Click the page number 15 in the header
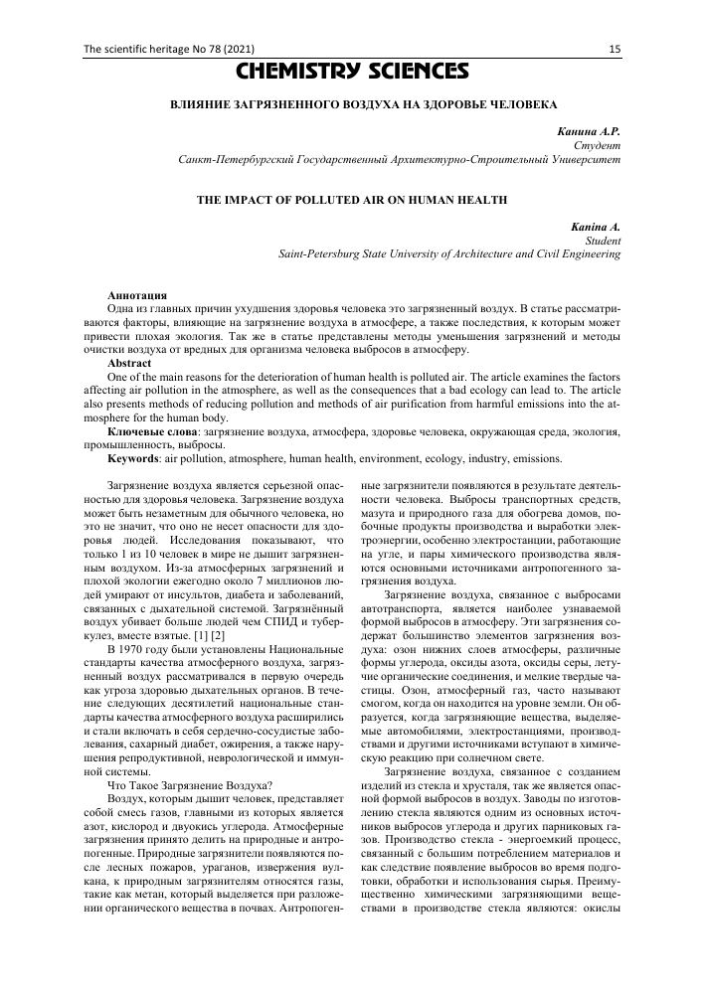point(616,49)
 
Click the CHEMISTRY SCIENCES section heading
point(352,72)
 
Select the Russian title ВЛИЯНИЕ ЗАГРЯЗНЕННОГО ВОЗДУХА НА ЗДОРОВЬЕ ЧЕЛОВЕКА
point(352,103)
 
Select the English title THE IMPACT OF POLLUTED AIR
point(352,200)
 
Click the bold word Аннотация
point(138,297)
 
